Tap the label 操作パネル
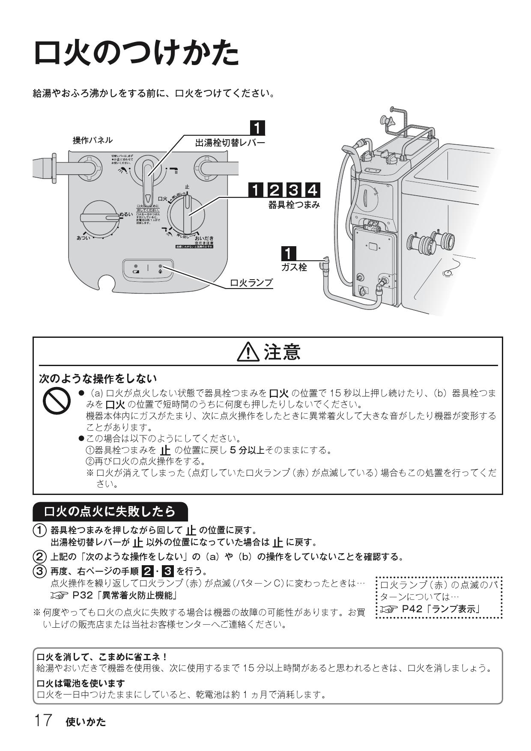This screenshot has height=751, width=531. point(92,140)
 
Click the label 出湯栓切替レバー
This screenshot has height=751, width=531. point(230,143)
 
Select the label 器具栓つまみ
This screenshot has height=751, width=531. point(294,205)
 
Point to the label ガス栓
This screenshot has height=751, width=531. point(294,268)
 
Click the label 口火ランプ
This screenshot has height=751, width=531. point(251,283)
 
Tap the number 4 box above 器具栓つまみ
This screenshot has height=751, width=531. point(312,190)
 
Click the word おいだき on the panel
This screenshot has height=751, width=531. point(204,238)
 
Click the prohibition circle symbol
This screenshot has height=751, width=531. point(57,401)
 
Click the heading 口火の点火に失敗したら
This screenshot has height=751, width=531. point(110,511)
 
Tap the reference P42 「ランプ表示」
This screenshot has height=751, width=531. point(440,609)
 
